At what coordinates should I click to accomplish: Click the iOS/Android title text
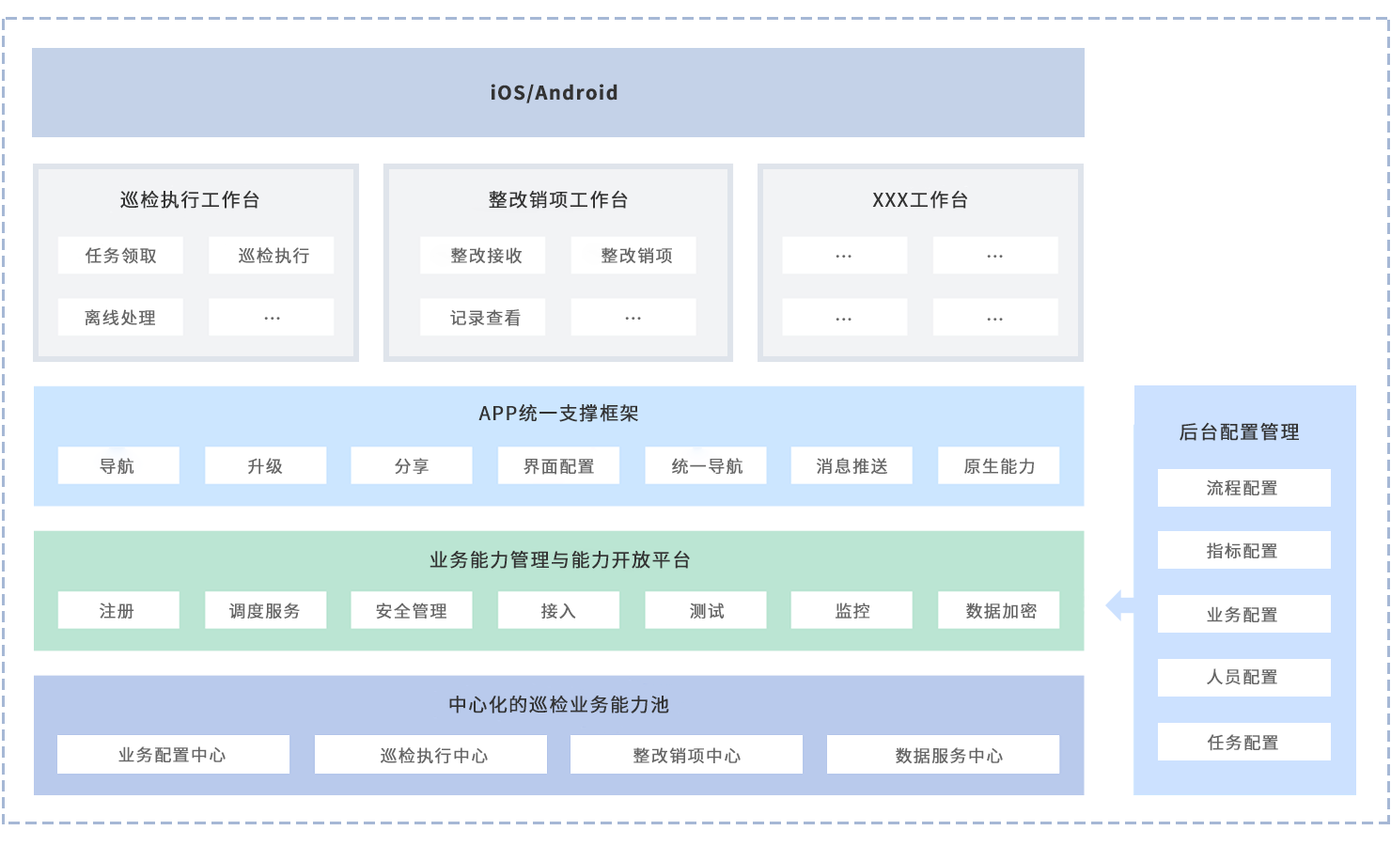[x=554, y=93]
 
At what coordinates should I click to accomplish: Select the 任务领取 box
[x=120, y=256]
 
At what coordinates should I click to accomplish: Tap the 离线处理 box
[x=120, y=318]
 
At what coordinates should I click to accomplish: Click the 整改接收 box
[x=483, y=256]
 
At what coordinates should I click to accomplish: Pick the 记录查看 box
[x=483, y=318]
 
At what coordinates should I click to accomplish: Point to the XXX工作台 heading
[x=919, y=200]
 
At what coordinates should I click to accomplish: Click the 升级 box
[x=265, y=466]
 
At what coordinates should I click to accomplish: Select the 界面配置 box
[x=558, y=466]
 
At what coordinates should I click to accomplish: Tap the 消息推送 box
[x=852, y=466]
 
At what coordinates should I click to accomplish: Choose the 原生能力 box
[x=998, y=466]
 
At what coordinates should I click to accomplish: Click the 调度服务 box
[x=265, y=611]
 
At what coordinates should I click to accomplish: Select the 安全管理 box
[x=412, y=611]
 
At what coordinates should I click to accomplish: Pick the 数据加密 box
[x=998, y=611]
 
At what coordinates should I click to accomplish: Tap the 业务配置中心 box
[x=173, y=755]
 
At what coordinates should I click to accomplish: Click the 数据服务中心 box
[x=943, y=755]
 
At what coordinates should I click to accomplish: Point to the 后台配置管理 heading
[x=1240, y=432]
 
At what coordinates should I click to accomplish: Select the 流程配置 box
[x=1243, y=488]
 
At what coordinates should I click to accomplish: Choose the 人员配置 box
[x=1243, y=678]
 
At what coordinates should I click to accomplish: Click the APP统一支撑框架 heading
[x=558, y=414]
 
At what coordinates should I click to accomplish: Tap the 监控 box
[x=852, y=611]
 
